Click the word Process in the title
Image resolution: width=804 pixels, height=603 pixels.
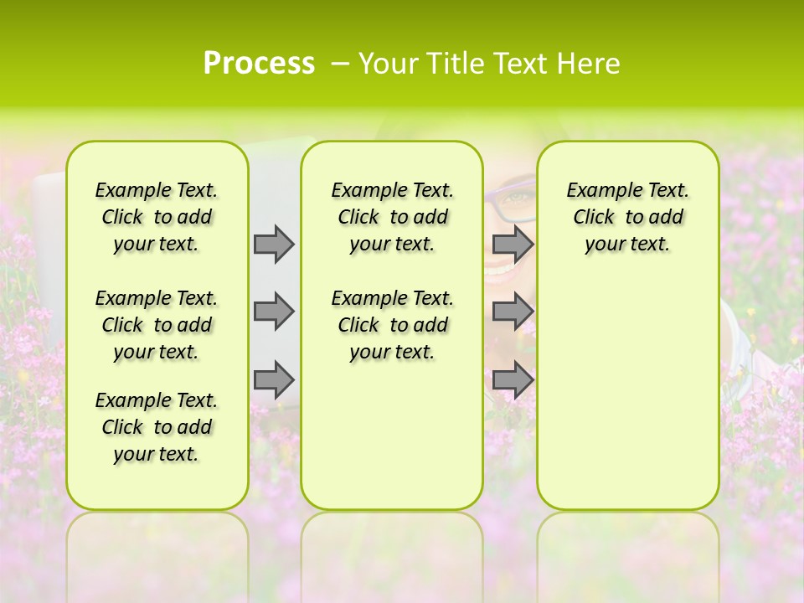259,64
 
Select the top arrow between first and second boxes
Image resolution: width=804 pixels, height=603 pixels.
274,244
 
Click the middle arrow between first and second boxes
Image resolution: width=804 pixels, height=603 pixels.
274,312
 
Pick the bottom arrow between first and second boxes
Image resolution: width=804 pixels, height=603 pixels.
274,380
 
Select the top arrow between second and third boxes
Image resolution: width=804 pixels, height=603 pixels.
513,244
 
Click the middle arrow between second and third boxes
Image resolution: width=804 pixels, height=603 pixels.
513,312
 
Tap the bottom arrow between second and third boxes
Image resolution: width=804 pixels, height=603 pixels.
513,380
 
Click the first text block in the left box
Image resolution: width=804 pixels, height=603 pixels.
157,217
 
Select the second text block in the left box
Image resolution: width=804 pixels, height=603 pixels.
157,325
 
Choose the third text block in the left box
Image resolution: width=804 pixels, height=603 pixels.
157,427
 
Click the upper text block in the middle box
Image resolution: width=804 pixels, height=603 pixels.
392,217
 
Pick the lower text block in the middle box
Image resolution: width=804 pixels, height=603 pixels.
392,325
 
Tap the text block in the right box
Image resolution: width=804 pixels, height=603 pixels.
627,217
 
